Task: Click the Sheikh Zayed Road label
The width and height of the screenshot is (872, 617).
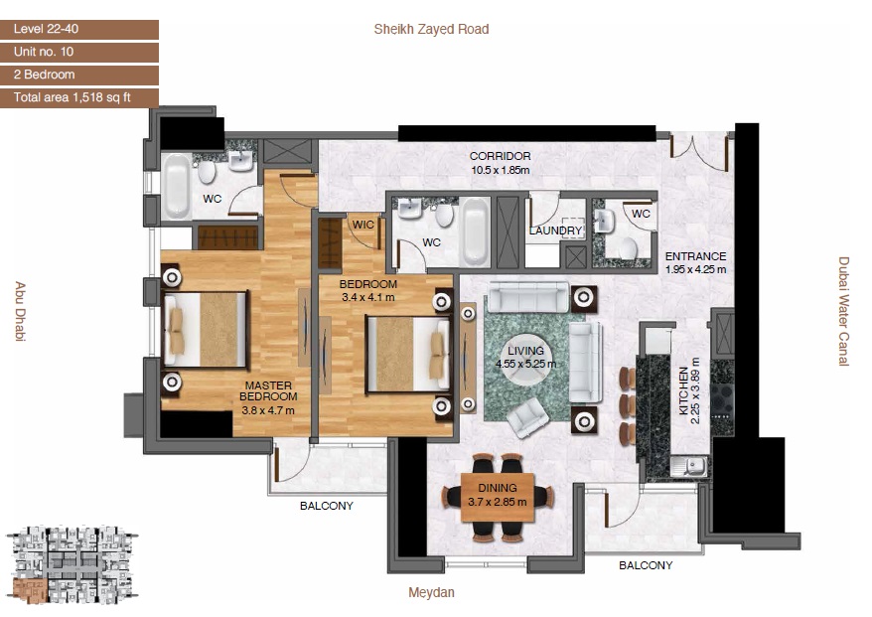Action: (x=431, y=29)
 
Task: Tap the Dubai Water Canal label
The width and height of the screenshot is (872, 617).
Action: (x=843, y=312)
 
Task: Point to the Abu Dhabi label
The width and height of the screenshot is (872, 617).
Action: (x=20, y=312)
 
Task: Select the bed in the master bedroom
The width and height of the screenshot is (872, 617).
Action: (x=207, y=330)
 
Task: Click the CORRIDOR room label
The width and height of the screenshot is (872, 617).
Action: (x=500, y=156)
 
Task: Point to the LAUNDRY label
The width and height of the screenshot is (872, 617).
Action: (x=555, y=231)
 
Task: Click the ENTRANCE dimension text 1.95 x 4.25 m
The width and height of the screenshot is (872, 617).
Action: (x=695, y=269)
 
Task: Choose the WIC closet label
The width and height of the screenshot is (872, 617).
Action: (x=363, y=225)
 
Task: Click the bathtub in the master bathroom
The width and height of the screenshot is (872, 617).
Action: (x=178, y=186)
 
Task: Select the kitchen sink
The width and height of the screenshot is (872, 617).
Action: (x=689, y=464)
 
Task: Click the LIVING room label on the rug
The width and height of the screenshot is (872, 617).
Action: (x=526, y=351)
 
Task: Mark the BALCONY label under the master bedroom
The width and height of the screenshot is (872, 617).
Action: (x=327, y=506)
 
